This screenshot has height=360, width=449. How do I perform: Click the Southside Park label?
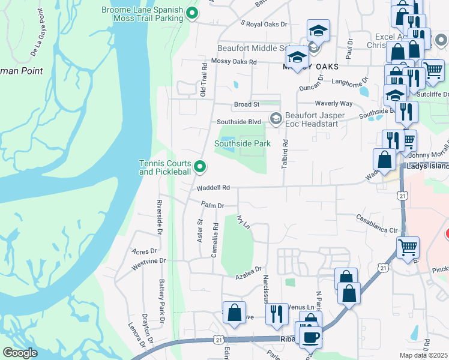pos(243,143)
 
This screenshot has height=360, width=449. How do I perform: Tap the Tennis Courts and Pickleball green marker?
pos(200,167)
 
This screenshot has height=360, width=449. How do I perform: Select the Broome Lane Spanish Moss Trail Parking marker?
pos(191,12)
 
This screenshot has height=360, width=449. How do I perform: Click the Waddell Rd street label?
pos(213,188)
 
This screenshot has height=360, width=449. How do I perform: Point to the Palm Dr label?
pos(212,205)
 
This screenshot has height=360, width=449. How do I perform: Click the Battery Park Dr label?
pos(161,295)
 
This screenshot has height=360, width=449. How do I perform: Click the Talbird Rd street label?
pos(286,154)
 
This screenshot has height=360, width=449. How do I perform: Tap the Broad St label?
pos(246,104)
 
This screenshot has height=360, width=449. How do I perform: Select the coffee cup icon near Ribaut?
pos(310,337)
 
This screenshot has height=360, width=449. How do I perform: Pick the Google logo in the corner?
pos(20,353)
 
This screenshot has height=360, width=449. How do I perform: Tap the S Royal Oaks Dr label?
pos(264,25)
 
